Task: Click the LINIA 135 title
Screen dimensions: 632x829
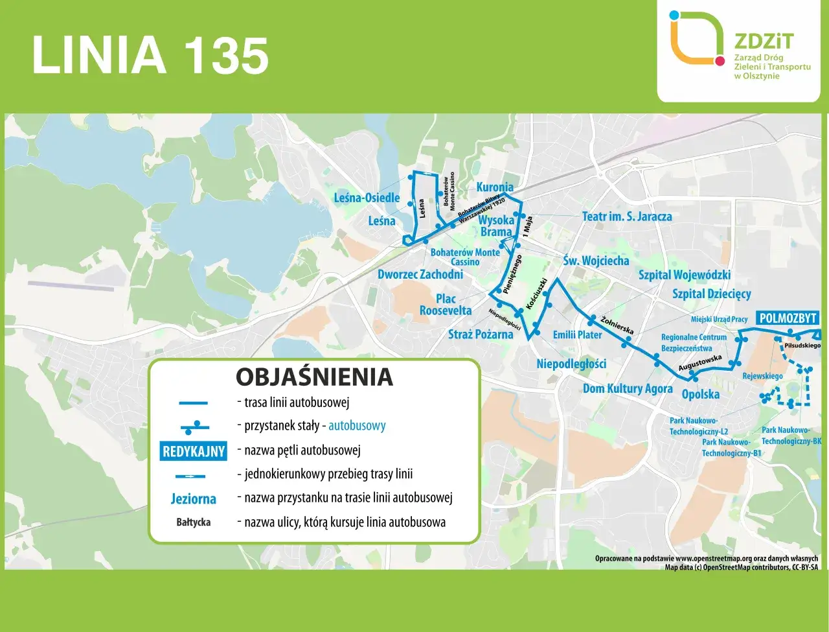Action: tap(150, 56)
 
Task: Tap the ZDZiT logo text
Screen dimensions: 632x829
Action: tap(764, 41)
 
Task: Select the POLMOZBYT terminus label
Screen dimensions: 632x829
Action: tap(788, 318)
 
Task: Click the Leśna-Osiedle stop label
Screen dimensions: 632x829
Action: tap(367, 198)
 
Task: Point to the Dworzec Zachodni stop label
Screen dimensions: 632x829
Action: tap(420, 274)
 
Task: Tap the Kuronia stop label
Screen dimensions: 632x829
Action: tap(494, 187)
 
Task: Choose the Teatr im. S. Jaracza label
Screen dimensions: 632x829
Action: tap(626, 217)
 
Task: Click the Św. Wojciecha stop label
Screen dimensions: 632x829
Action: tap(595, 261)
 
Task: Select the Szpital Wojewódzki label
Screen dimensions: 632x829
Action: tap(684, 275)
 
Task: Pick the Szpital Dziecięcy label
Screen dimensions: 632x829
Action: tap(711, 294)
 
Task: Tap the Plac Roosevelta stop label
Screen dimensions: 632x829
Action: tap(446, 305)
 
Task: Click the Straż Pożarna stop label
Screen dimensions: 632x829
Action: tap(480, 334)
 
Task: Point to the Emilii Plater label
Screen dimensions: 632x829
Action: tap(577, 334)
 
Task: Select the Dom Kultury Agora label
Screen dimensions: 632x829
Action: tap(627, 388)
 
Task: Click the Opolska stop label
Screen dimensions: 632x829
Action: tap(700, 394)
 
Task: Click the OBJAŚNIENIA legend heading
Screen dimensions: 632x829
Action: tap(314, 377)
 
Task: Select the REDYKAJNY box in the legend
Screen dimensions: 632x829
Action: tap(193, 451)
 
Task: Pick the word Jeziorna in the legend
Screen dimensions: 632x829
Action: tap(193, 498)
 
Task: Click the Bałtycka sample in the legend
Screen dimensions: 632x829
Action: tap(193, 522)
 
